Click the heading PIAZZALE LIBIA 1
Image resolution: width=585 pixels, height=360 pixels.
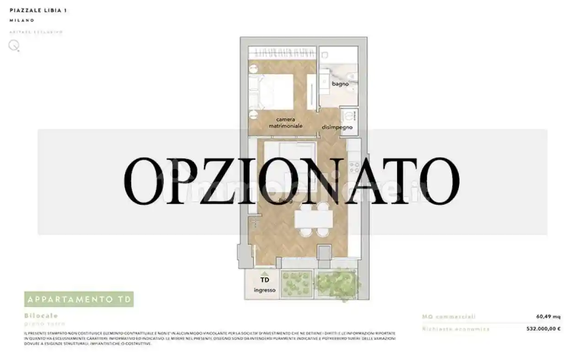click(38, 10)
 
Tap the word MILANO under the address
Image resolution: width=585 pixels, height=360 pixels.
click(21, 21)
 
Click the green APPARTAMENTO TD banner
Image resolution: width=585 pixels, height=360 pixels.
click(79, 299)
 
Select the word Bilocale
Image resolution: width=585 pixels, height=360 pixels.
click(41, 316)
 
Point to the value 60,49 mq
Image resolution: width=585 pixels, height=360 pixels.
click(548, 317)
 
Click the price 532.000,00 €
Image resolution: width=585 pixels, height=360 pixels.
click(543, 328)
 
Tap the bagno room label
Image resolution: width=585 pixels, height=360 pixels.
click(340, 84)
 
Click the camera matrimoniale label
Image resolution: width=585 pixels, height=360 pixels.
click(286, 122)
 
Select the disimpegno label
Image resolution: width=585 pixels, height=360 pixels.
click(337, 127)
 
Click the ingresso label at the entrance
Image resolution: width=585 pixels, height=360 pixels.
click(265, 290)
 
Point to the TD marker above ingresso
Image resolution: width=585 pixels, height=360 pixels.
click(265, 280)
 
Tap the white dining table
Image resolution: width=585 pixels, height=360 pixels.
click(314, 220)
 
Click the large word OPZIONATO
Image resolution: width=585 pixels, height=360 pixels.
click(292, 181)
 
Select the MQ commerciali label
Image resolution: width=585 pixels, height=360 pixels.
click(449, 317)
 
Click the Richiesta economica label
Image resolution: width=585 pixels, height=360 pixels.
click(456, 328)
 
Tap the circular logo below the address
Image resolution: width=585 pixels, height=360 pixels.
click(14, 45)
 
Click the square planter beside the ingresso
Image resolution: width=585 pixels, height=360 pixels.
click(296, 284)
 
